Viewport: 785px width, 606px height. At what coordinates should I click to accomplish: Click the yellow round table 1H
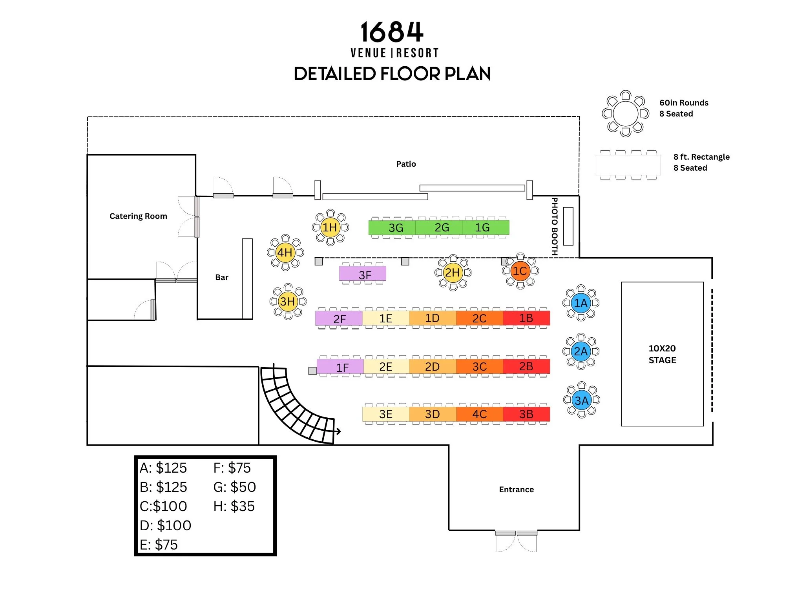click(330, 227)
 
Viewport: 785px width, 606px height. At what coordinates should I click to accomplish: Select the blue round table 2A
click(581, 351)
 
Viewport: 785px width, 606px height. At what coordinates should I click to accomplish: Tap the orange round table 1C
click(520, 271)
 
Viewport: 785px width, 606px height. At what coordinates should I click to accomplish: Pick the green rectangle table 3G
click(392, 227)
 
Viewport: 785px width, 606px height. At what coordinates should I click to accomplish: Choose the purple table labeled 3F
click(363, 274)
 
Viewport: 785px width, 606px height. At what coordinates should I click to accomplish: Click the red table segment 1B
click(526, 318)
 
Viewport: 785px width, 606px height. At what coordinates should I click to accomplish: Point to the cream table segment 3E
click(386, 414)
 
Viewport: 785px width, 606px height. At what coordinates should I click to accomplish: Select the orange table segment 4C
click(479, 414)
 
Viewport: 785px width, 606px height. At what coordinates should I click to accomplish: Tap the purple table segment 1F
click(340, 367)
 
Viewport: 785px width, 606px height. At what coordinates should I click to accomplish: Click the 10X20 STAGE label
click(662, 354)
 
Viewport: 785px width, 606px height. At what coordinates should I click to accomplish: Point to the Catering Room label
click(138, 216)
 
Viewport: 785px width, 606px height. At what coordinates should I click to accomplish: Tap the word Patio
click(406, 164)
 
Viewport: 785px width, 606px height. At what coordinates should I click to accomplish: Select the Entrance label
click(516, 490)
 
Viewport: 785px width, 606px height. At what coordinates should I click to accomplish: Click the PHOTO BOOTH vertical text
click(555, 226)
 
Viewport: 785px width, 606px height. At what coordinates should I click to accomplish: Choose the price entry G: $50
click(234, 487)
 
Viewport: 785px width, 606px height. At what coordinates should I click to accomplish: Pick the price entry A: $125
click(163, 468)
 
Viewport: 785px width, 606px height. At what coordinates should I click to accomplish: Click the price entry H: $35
click(234, 506)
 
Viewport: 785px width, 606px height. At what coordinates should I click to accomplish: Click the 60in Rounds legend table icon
click(626, 114)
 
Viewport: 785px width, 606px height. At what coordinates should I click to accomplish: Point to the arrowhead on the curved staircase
click(338, 431)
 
